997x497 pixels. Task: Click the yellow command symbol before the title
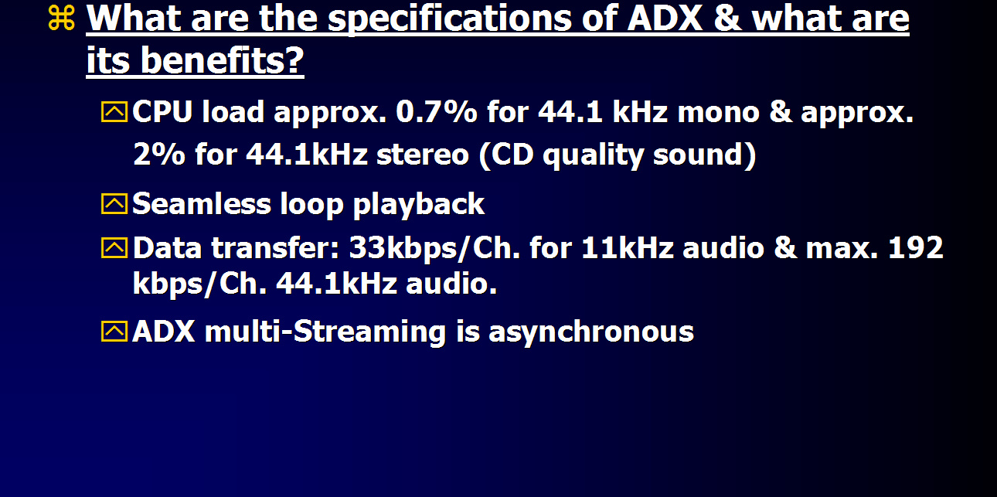click(x=61, y=18)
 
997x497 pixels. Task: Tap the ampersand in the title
click(x=727, y=19)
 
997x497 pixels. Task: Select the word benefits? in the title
click(x=222, y=60)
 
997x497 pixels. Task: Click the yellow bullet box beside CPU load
click(x=114, y=111)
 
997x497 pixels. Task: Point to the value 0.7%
click(x=437, y=111)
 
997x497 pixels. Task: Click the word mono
click(x=718, y=112)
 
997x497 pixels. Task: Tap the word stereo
click(x=423, y=155)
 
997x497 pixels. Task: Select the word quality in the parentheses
click(x=593, y=155)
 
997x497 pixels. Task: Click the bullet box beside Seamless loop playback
click(x=114, y=204)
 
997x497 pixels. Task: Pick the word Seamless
click(x=202, y=204)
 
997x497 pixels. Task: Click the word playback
click(x=418, y=205)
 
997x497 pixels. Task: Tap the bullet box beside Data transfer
click(x=114, y=247)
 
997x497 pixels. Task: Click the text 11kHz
click(x=627, y=247)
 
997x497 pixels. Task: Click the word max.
click(x=842, y=248)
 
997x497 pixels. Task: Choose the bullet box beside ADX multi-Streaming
click(x=114, y=331)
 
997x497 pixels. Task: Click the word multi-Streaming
click(x=325, y=332)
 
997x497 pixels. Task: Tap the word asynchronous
click(x=591, y=333)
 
